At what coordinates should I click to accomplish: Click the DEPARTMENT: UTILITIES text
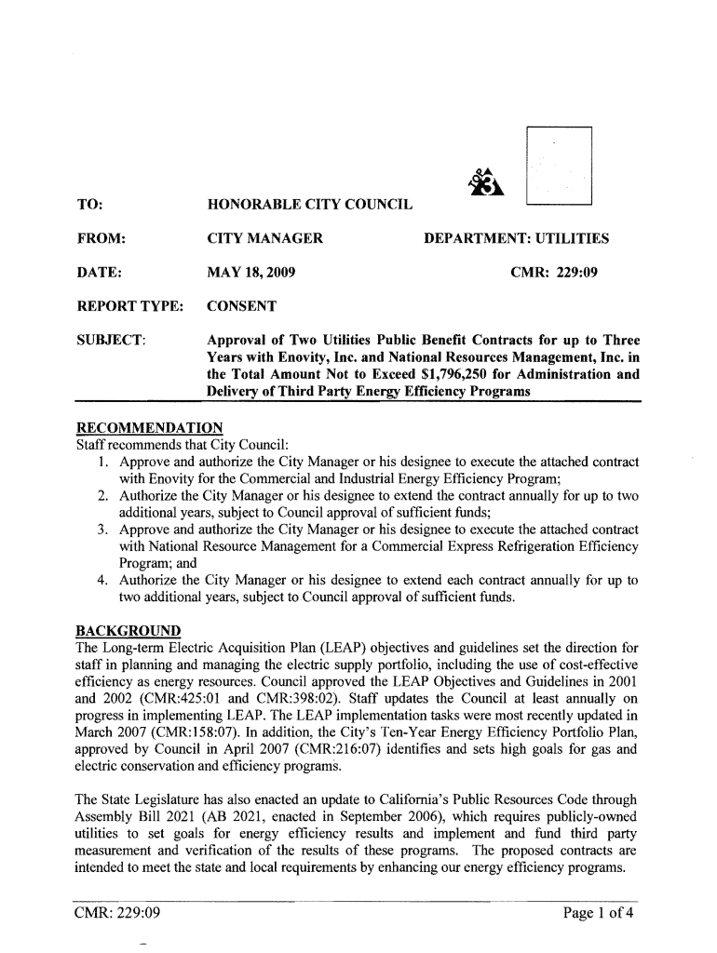(517, 239)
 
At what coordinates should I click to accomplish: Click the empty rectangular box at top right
(559, 163)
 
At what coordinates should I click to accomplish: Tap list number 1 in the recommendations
(102, 463)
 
